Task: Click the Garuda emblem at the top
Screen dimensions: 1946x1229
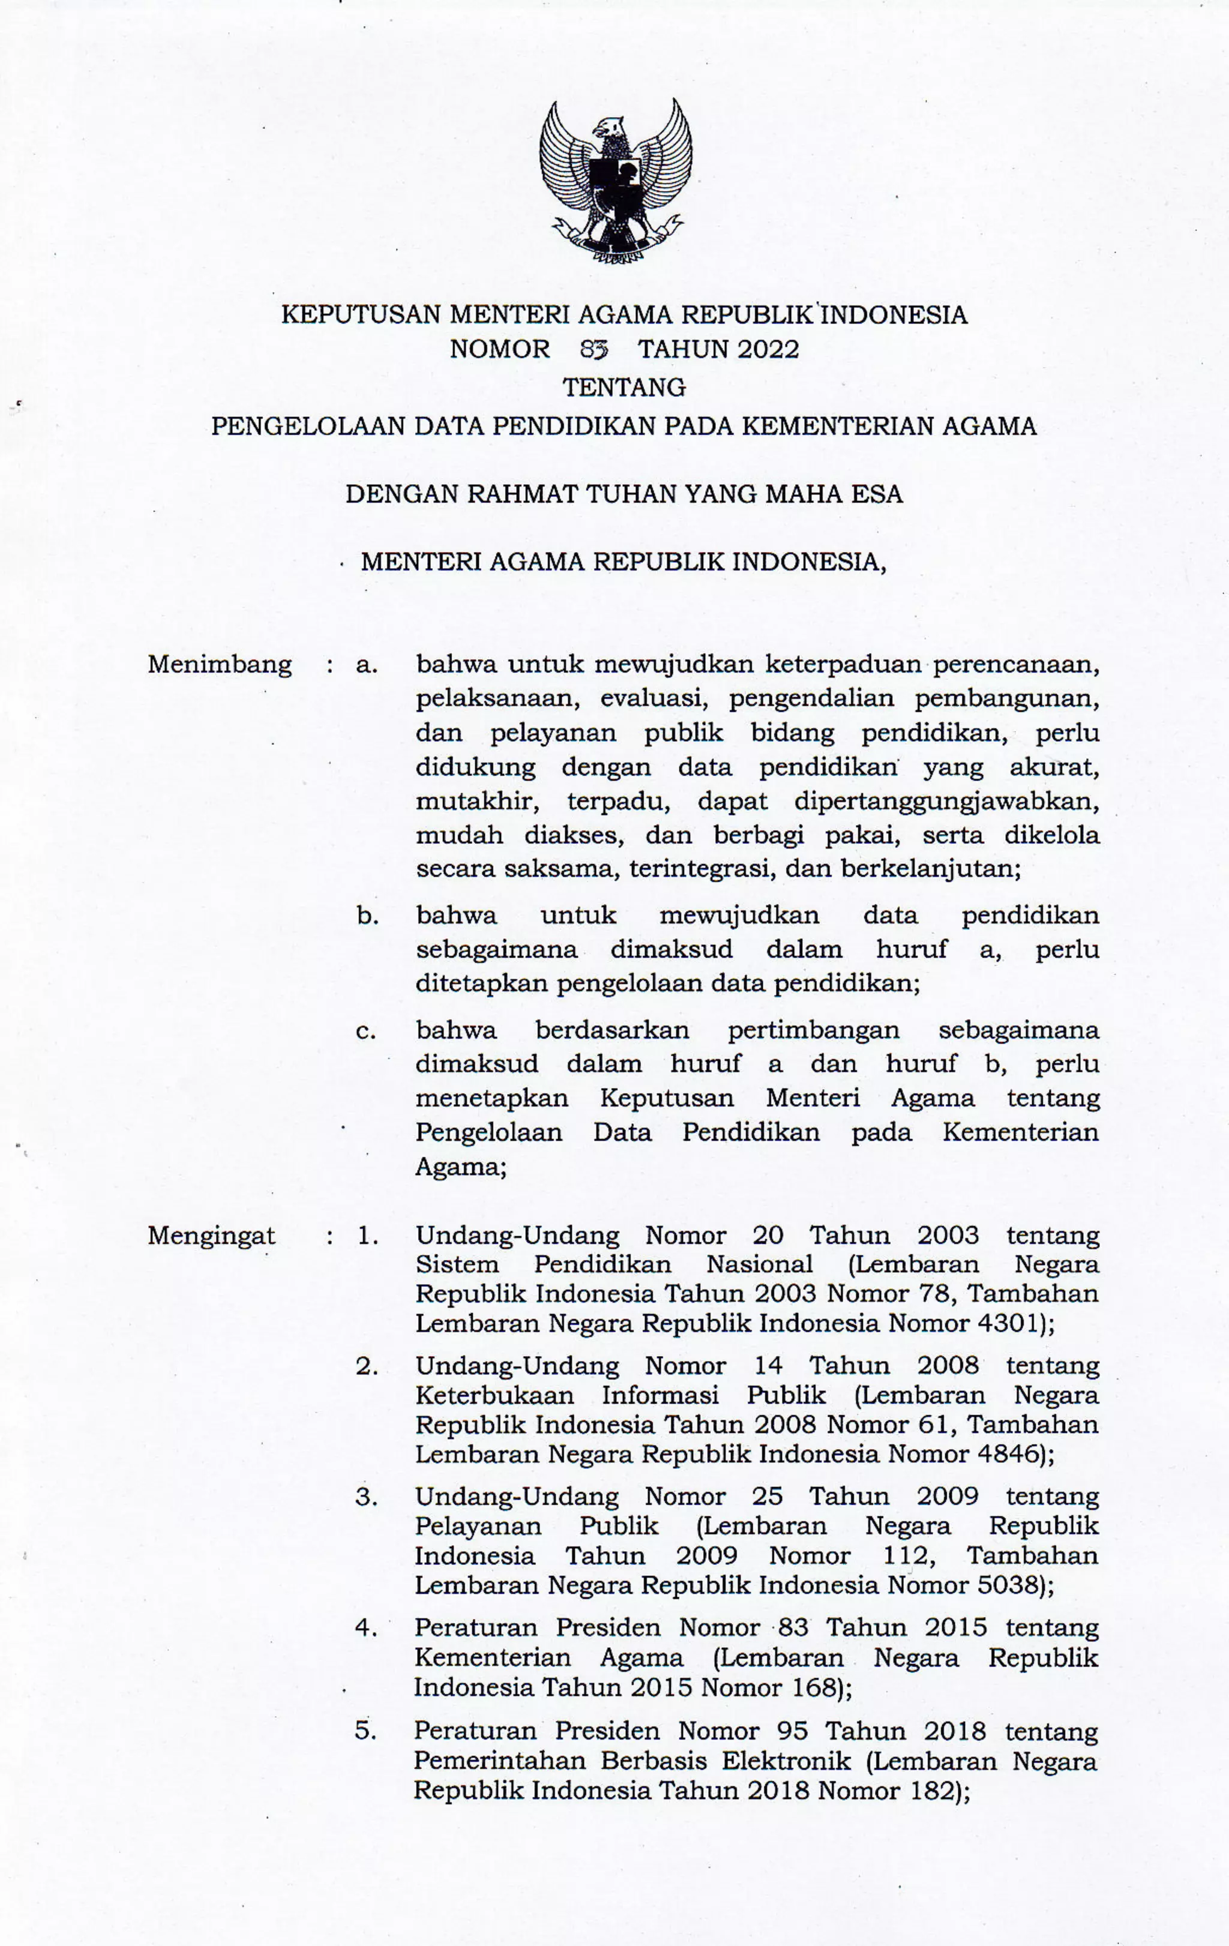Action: click(x=616, y=181)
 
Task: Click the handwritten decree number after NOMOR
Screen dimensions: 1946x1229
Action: click(x=594, y=349)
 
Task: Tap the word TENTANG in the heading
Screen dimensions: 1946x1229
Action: click(x=624, y=387)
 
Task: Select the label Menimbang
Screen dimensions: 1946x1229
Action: click(x=219, y=664)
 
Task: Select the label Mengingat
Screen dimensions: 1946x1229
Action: click(x=211, y=1236)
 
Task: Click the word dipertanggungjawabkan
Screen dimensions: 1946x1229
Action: click(x=946, y=801)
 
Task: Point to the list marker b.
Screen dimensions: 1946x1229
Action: click(x=368, y=916)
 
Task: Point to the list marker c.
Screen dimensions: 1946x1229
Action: click(x=366, y=1030)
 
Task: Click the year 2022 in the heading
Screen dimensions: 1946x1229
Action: click(x=768, y=349)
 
